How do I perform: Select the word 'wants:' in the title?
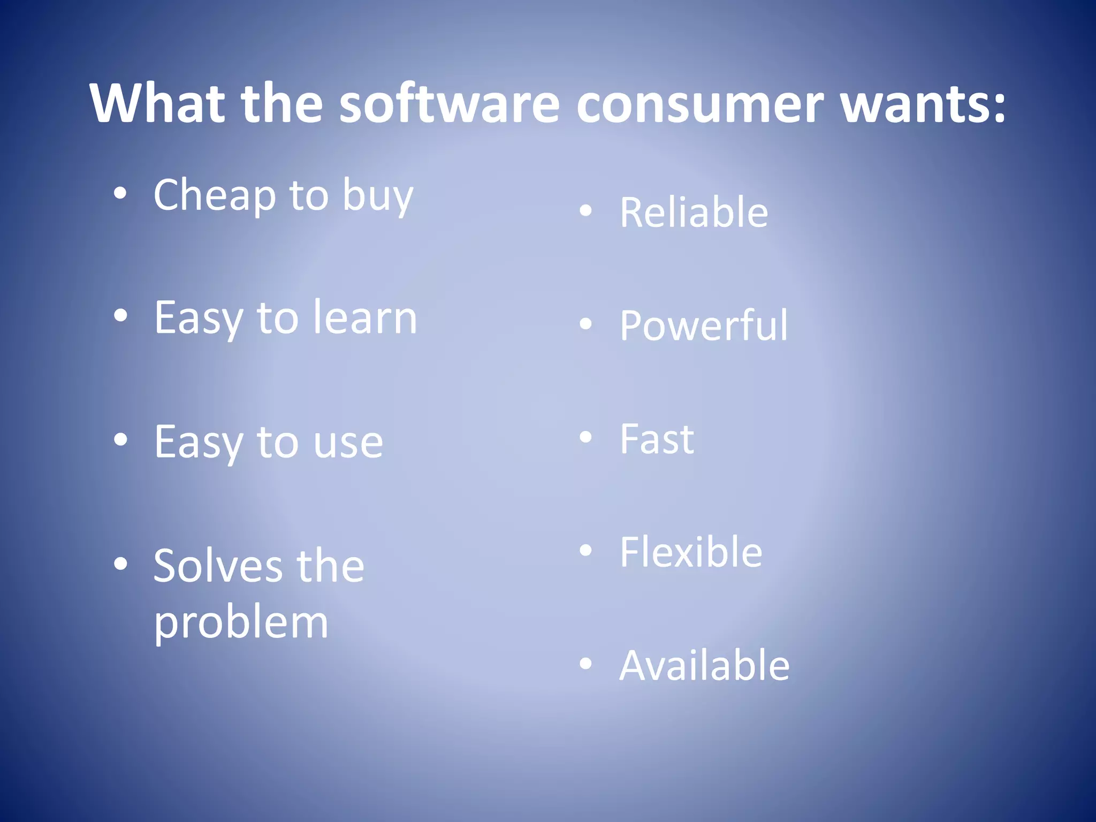click(923, 104)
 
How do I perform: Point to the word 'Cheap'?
click(215, 195)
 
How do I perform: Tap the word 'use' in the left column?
click(348, 443)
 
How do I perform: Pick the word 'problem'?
click(241, 624)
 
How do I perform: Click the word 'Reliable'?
click(694, 212)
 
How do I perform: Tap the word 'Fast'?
click(657, 439)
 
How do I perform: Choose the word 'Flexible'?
click(691, 552)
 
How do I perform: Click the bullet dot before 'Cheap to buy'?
click(120, 194)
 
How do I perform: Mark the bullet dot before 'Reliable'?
click(586, 211)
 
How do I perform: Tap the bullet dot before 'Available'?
click(586, 664)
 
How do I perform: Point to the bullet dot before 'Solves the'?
click(120, 564)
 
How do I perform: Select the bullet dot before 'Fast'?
click(586, 437)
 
